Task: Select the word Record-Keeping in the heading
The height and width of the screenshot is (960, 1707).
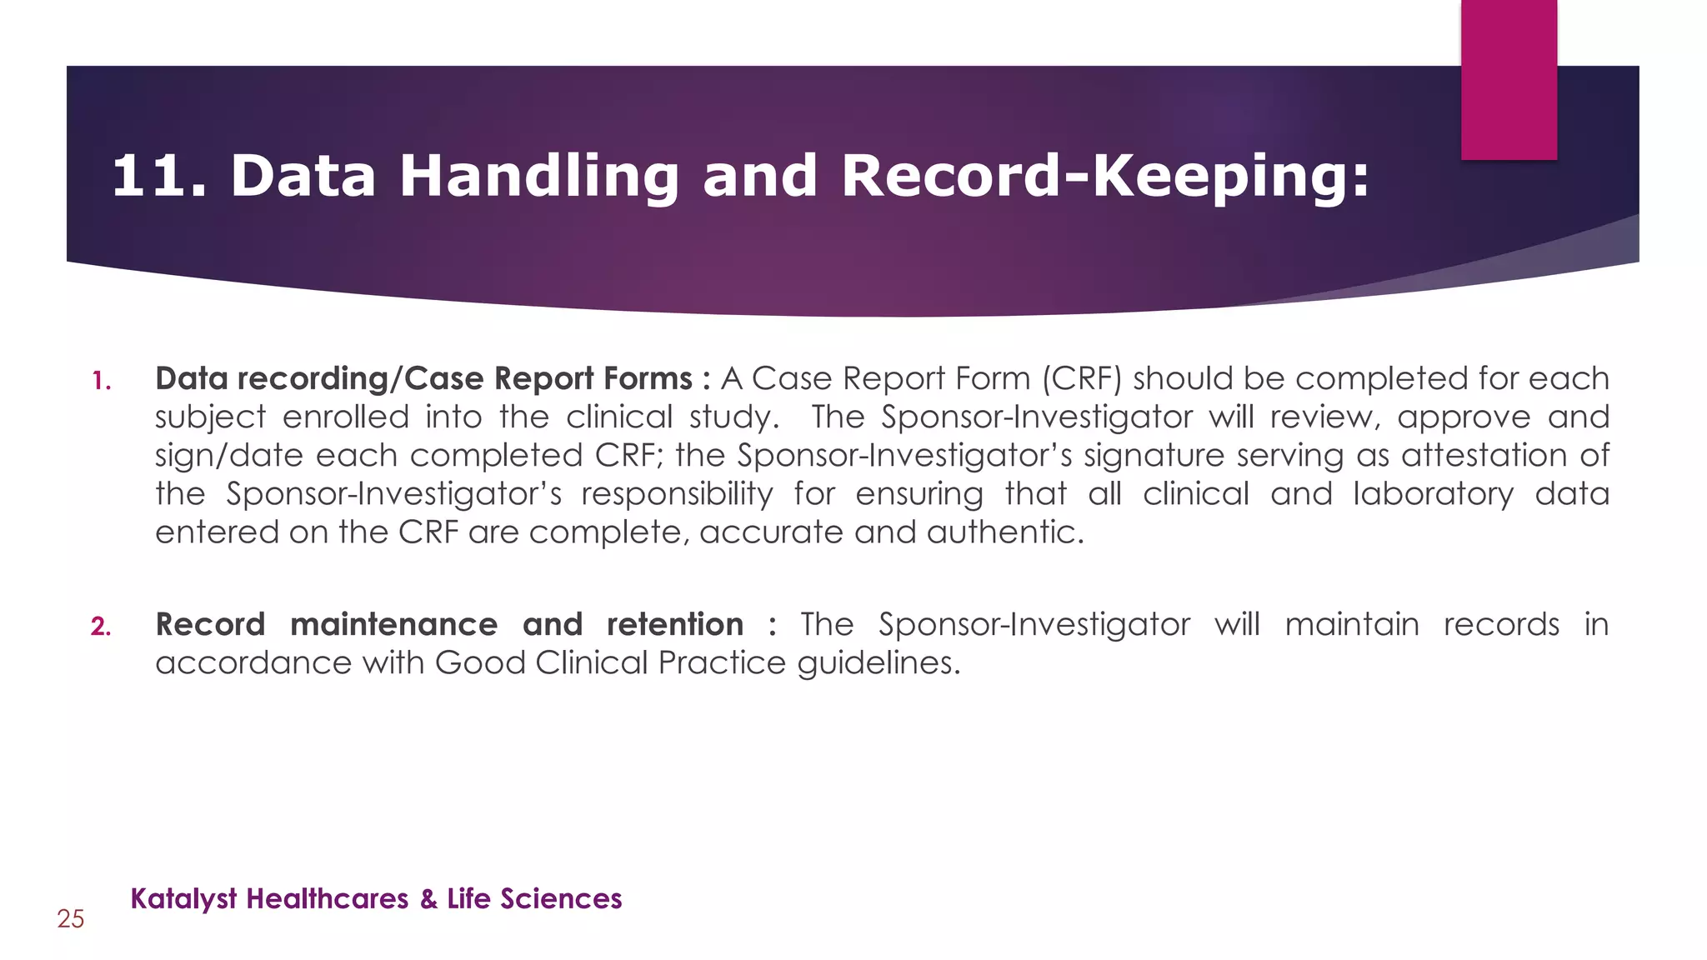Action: point(1104,176)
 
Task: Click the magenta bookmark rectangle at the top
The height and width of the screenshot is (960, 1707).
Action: point(1509,79)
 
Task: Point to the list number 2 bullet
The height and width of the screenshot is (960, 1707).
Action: point(101,627)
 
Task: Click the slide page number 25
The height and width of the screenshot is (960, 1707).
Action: point(71,919)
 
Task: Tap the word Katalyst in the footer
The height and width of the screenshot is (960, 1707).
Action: point(184,899)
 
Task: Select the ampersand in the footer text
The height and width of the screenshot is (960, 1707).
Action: point(428,899)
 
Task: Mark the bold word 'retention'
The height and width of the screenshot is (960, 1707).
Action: point(674,624)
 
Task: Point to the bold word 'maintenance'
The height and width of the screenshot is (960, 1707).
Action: point(393,624)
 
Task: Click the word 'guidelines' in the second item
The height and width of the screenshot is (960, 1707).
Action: point(879,663)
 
